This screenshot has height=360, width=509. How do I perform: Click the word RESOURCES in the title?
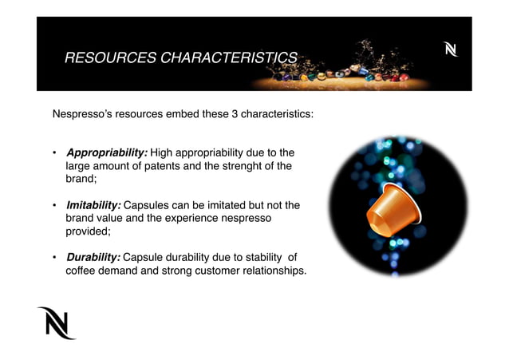tap(105, 57)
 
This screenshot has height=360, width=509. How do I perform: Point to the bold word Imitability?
tap(93, 204)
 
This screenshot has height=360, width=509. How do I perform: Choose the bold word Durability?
tap(93, 257)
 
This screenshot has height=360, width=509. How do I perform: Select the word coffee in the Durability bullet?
tap(81, 271)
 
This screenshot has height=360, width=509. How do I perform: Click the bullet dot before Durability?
tap(54, 258)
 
